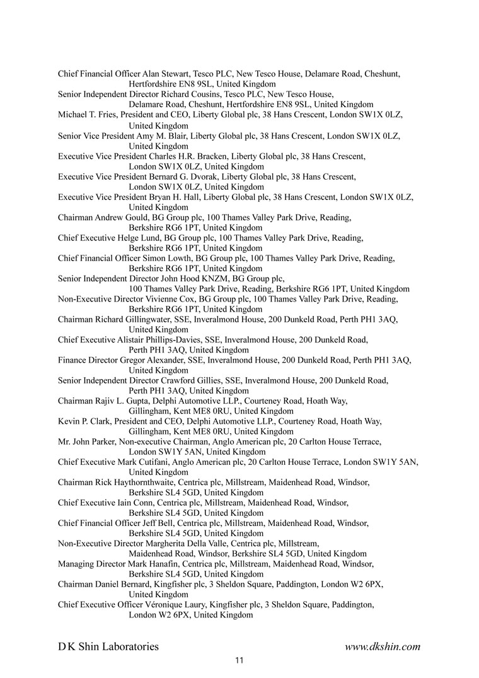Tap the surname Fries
[x=107, y=115]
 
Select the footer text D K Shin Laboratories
[x=108, y=646]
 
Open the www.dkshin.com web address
[x=383, y=646]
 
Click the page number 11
[x=239, y=661]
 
